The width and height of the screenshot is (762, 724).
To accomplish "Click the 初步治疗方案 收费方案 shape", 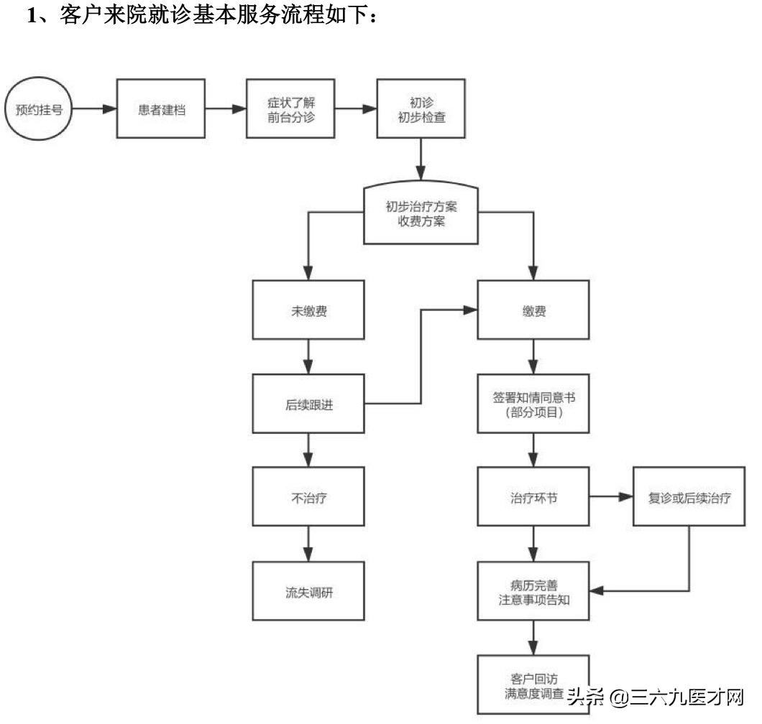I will [x=421, y=213].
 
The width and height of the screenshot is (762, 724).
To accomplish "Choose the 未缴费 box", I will [x=307, y=312].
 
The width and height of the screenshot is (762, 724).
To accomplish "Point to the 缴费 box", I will [x=533, y=312].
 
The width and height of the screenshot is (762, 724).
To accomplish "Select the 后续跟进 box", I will [x=307, y=404].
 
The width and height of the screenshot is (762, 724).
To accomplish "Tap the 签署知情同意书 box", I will [x=533, y=404].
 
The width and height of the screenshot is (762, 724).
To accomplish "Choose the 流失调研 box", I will [x=307, y=593].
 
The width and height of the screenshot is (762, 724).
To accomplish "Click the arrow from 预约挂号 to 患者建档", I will [x=94, y=110].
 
